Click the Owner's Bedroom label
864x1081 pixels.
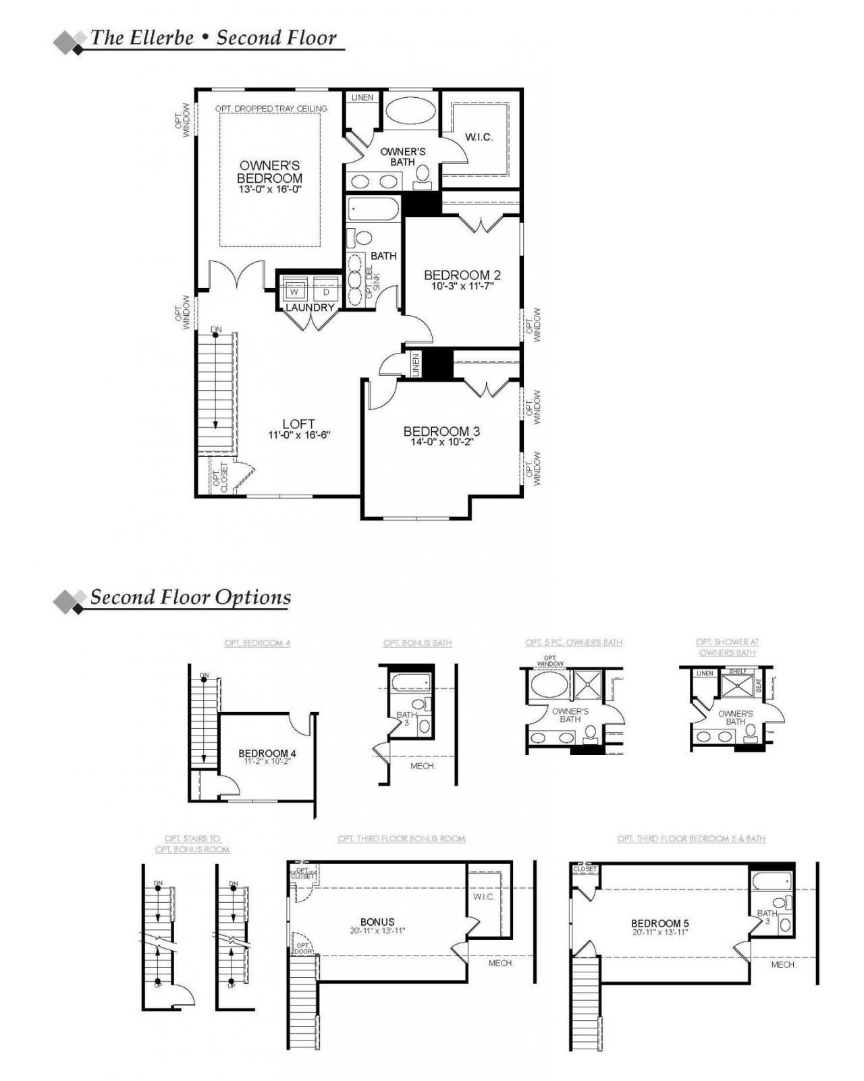point(269,171)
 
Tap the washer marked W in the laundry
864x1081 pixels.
point(294,292)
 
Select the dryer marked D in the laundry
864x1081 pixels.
point(326,292)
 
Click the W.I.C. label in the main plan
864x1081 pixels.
point(479,137)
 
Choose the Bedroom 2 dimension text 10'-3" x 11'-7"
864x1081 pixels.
point(462,286)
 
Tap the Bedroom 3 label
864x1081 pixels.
point(441,431)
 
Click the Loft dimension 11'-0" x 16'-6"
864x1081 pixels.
point(298,435)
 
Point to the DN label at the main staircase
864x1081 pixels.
point(216,330)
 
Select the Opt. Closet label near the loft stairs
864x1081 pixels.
point(220,475)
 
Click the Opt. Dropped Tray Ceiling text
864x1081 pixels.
point(271,109)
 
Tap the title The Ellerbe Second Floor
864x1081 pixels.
point(213,38)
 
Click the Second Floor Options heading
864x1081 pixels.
point(190,597)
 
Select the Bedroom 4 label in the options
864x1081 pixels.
point(267,753)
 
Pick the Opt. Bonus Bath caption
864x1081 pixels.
point(417,643)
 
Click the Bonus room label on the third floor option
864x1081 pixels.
point(377,922)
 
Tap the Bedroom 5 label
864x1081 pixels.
point(659,923)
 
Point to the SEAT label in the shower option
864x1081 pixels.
point(758,686)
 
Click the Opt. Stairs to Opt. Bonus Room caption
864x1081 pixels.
point(192,843)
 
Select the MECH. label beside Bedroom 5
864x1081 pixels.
point(784,965)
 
